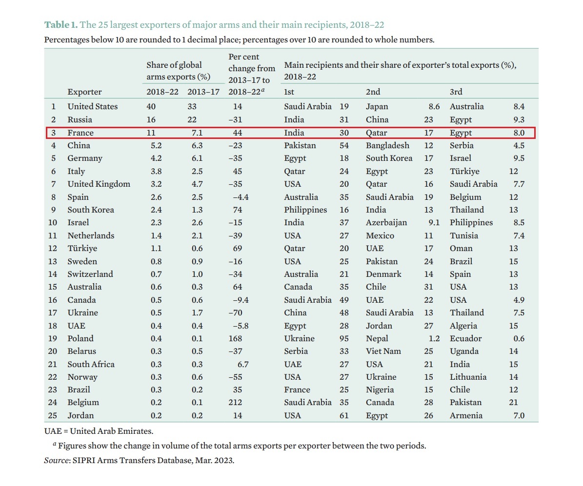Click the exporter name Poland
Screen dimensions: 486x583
tap(80, 338)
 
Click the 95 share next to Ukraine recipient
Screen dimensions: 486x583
tap(344, 338)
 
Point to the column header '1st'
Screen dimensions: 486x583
tap(289, 92)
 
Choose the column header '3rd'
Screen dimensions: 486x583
tap(456, 92)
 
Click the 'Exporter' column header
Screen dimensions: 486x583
tap(85, 92)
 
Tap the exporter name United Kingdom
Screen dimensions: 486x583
tap(99, 184)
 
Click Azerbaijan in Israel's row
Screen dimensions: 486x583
tap(386, 223)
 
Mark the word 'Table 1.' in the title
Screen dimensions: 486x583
tap(61, 25)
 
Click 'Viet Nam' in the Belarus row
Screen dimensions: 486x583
tap(382, 351)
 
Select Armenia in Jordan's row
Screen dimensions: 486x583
tap(466, 416)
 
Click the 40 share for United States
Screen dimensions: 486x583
tap(152, 107)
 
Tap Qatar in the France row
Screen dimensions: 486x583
tap(376, 133)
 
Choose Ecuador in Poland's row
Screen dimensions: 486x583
tap(465, 338)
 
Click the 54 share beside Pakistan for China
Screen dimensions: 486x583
tap(344, 145)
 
